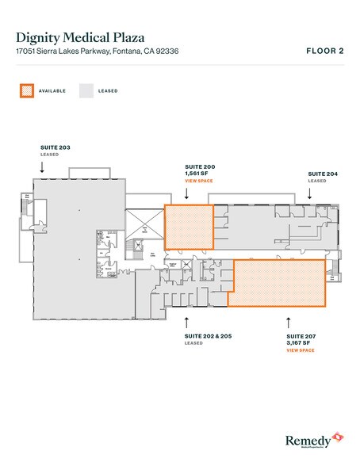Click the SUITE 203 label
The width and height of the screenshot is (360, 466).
pos(56,147)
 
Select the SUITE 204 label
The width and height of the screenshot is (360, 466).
pos(323,173)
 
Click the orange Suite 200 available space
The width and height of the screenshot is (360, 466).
pos(189,228)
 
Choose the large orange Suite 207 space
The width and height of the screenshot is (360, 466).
pos(278,283)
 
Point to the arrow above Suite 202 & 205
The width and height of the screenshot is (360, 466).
pos(186,321)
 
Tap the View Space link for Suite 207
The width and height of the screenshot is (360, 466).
pos(300,349)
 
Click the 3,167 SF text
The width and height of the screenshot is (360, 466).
pos(298,342)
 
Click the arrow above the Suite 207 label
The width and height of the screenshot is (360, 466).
pos(289,321)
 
